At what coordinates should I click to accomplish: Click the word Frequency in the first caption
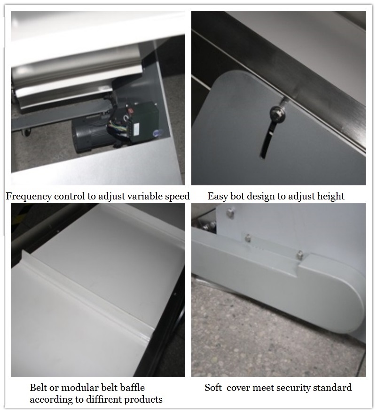pos(29,197)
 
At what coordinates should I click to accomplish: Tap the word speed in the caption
pos(177,197)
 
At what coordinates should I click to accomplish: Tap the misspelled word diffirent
pos(102,399)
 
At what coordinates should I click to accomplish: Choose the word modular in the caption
pos(78,388)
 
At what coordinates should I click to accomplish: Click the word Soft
pos(213,388)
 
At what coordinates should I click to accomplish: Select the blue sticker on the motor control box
pos(157,134)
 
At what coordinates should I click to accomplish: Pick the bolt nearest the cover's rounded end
pos(300,255)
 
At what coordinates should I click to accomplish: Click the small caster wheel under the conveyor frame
pos(27,133)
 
